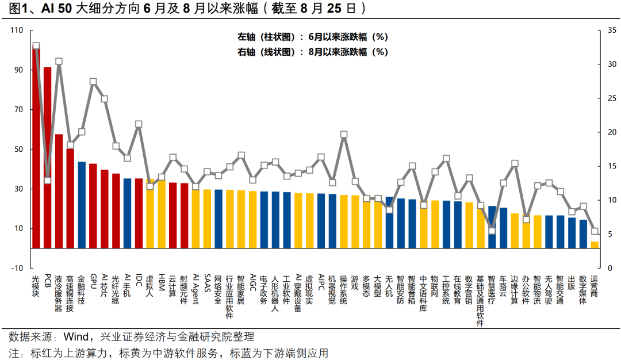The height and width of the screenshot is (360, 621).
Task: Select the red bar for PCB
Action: [x=47, y=158]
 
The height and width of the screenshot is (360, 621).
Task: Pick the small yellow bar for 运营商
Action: [x=595, y=245]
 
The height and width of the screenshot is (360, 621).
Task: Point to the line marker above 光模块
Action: [x=36, y=46]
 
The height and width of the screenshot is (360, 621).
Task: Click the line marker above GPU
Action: [x=93, y=82]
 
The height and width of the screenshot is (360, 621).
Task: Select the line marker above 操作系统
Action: [x=344, y=135]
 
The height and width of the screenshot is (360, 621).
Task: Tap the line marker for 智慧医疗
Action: [x=492, y=231]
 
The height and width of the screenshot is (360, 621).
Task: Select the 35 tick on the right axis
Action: [x=612, y=30]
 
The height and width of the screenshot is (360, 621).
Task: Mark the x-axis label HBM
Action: [x=162, y=282]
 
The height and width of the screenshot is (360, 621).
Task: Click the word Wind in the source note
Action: [x=76, y=336]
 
